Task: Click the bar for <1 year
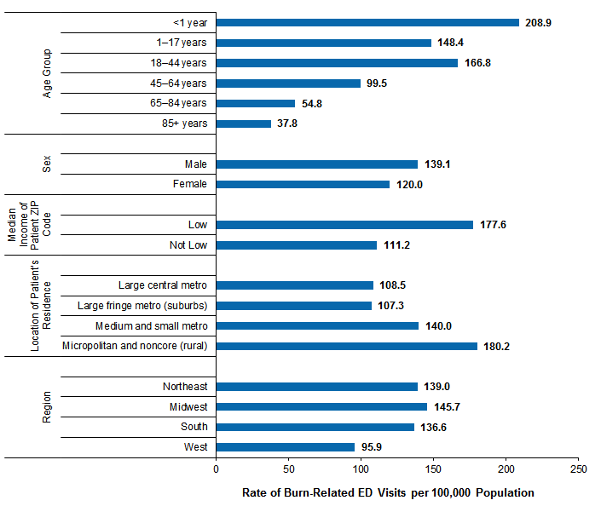coord(367,23)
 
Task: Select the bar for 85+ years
coord(244,124)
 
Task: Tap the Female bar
coord(303,184)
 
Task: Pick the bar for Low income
coord(344,225)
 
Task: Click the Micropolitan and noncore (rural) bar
coord(346,346)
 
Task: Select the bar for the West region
coord(286,447)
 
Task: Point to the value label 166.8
coord(480,63)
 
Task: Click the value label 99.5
coord(379,83)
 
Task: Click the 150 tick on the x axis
coord(434,469)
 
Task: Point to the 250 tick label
coord(579,469)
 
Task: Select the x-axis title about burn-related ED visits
coord(388,492)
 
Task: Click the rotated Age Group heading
coord(49,72)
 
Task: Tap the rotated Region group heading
coord(49,407)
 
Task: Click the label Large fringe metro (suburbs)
coord(142,306)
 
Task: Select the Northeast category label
coord(185,387)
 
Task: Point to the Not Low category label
coord(187,245)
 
